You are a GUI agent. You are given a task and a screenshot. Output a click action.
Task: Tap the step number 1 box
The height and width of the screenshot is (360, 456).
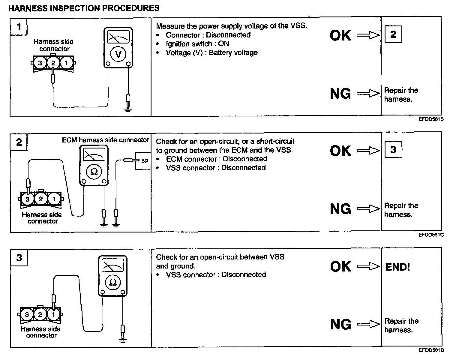point(19,27)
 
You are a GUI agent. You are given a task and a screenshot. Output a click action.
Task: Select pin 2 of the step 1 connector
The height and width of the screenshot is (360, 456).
point(53,63)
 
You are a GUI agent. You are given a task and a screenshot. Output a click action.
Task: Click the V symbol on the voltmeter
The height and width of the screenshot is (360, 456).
point(118,54)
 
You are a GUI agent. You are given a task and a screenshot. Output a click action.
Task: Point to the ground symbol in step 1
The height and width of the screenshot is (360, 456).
point(128,109)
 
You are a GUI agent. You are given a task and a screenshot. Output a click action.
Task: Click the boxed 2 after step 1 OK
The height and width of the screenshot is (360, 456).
point(393,34)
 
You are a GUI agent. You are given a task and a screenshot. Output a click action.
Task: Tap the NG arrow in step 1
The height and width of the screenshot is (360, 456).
point(368,93)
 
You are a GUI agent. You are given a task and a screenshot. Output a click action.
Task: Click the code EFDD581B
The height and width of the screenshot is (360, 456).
point(431,119)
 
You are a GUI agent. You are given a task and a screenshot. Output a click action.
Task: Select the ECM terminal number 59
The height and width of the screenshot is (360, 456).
point(145,161)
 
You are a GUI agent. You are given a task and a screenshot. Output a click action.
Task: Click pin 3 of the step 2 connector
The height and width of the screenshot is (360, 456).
point(28,199)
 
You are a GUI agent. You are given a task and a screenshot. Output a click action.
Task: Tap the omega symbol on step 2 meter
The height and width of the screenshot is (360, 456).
point(94,172)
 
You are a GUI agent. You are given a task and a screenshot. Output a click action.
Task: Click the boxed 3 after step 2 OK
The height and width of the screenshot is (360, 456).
point(393,149)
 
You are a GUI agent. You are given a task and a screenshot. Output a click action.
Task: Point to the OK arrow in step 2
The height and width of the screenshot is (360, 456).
point(368,151)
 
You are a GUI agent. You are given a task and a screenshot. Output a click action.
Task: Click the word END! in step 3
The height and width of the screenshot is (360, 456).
point(397,267)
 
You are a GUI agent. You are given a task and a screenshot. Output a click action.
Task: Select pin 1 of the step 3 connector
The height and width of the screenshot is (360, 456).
point(54,314)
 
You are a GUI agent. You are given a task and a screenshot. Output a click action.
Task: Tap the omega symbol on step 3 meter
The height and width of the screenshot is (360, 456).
point(113,282)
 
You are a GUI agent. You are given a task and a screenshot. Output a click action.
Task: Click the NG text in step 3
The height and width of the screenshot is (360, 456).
point(340,324)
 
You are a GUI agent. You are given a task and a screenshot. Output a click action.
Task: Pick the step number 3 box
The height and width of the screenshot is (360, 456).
point(19,257)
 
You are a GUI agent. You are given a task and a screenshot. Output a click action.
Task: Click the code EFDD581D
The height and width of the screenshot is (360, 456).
point(431,350)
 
